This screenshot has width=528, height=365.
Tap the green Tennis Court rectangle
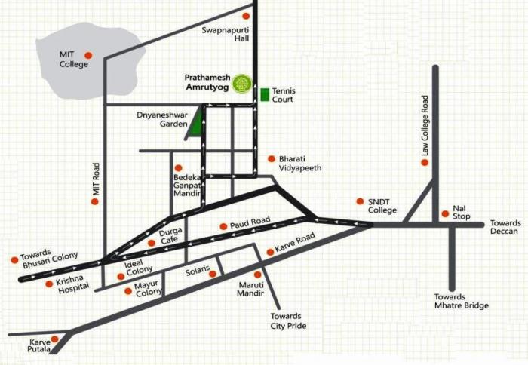264,95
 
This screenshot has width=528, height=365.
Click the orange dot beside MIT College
87,55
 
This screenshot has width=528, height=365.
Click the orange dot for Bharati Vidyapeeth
272,158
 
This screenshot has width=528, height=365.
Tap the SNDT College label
382,205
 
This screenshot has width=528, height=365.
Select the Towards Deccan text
505,227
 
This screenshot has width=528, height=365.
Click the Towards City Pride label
287,321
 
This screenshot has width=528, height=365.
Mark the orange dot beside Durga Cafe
152,243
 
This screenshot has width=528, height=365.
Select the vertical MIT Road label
96,180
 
